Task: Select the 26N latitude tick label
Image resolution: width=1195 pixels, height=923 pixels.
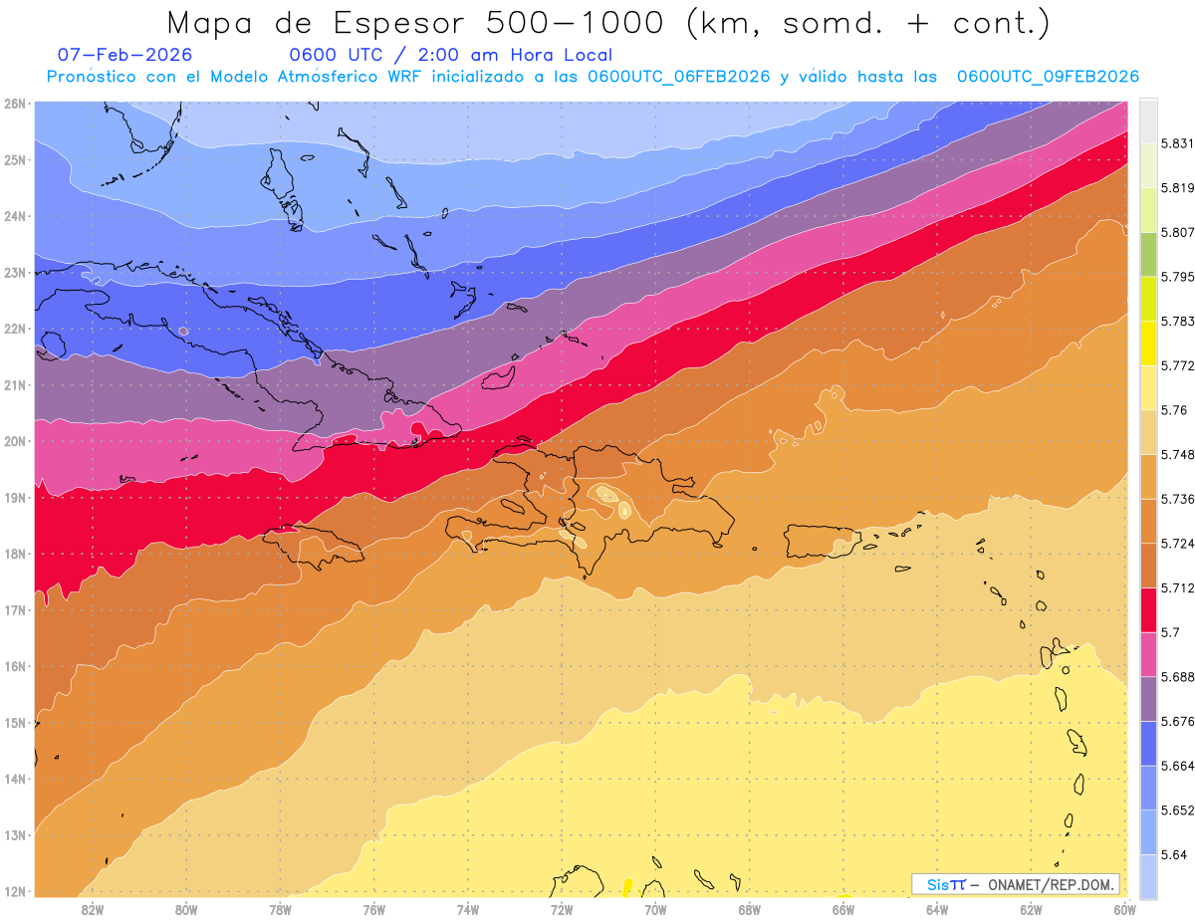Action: coord(15,104)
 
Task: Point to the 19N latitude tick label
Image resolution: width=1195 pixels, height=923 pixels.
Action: coord(15,497)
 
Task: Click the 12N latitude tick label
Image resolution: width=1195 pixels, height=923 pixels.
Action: coord(15,891)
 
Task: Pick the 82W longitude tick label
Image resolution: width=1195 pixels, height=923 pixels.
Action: coord(93,908)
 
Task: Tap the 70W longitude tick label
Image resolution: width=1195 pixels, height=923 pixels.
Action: coord(655,908)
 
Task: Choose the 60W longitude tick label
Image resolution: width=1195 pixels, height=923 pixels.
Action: coord(1125,908)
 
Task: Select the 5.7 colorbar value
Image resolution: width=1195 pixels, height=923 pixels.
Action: coord(1171,631)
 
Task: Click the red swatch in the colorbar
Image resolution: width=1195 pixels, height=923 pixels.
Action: coord(1148,609)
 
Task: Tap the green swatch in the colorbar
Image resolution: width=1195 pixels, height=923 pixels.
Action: coord(1148,253)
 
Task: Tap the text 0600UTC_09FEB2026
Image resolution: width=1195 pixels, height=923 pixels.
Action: coord(1048,77)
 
